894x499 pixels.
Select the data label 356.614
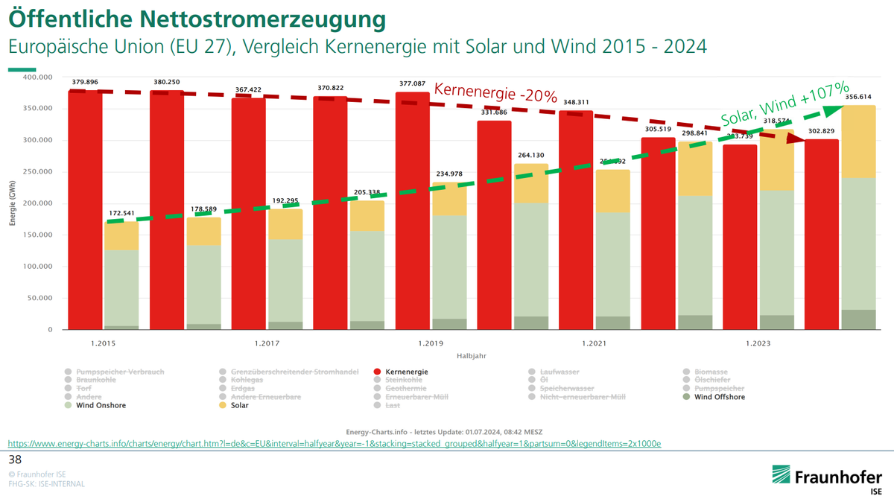[x=858, y=96]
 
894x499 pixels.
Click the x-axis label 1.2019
[x=430, y=343]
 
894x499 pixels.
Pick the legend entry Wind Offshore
[x=718, y=397]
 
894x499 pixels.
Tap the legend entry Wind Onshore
[x=101, y=405]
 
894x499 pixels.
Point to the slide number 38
[x=15, y=458]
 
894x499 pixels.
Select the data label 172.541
[x=121, y=213]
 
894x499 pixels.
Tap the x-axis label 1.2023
[x=758, y=343]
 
